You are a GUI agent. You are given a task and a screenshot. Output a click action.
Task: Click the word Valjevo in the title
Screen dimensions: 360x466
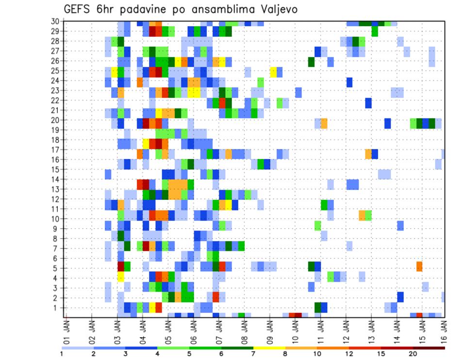tap(275, 9)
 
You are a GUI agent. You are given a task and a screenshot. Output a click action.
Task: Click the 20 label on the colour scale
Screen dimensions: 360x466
tap(413, 354)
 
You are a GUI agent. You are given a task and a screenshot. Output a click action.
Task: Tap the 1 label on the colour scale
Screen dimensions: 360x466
tap(62, 354)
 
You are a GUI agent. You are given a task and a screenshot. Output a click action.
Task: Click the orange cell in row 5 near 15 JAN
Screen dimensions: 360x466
tap(419, 266)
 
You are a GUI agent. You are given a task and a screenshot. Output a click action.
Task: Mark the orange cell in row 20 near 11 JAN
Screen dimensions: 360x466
tap(324, 123)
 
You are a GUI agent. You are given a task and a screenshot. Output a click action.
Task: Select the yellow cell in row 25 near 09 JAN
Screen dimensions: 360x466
tap(273, 72)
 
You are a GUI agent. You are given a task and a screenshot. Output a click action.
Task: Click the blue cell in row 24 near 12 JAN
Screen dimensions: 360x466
tap(349, 82)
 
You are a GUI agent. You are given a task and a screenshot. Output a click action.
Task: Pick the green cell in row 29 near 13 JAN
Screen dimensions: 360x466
tap(375, 31)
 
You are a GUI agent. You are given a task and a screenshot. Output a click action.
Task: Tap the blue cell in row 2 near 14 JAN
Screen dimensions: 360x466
tap(400, 296)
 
